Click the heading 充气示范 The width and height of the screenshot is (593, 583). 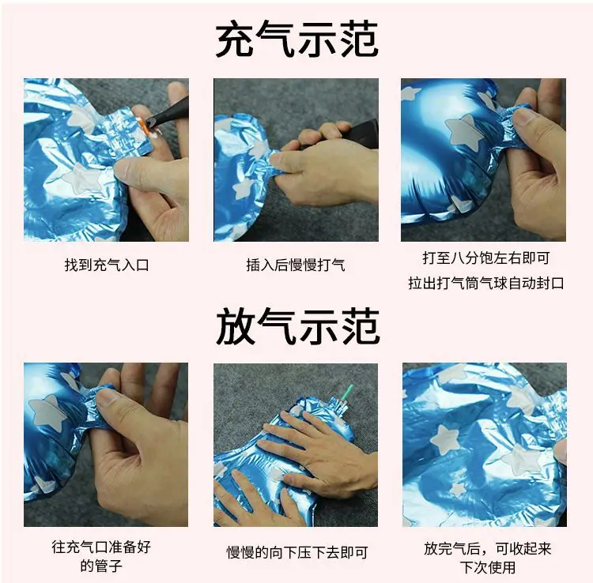click(x=296, y=39)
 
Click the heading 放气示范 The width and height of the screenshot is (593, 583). click(x=297, y=325)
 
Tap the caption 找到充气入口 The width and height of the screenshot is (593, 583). click(x=107, y=265)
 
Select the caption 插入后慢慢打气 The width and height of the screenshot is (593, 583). click(x=296, y=265)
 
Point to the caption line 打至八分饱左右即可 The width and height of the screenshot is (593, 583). click(x=486, y=258)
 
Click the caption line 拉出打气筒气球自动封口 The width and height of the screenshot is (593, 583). click(x=486, y=283)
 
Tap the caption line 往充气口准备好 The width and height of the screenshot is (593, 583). click(x=101, y=547)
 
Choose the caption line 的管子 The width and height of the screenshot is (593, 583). click(x=101, y=566)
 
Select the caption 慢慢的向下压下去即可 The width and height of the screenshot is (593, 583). click(x=297, y=552)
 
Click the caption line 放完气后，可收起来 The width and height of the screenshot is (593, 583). click(x=488, y=548)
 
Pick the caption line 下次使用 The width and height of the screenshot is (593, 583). click(x=488, y=567)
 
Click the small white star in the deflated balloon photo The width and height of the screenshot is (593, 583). click(x=458, y=490)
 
